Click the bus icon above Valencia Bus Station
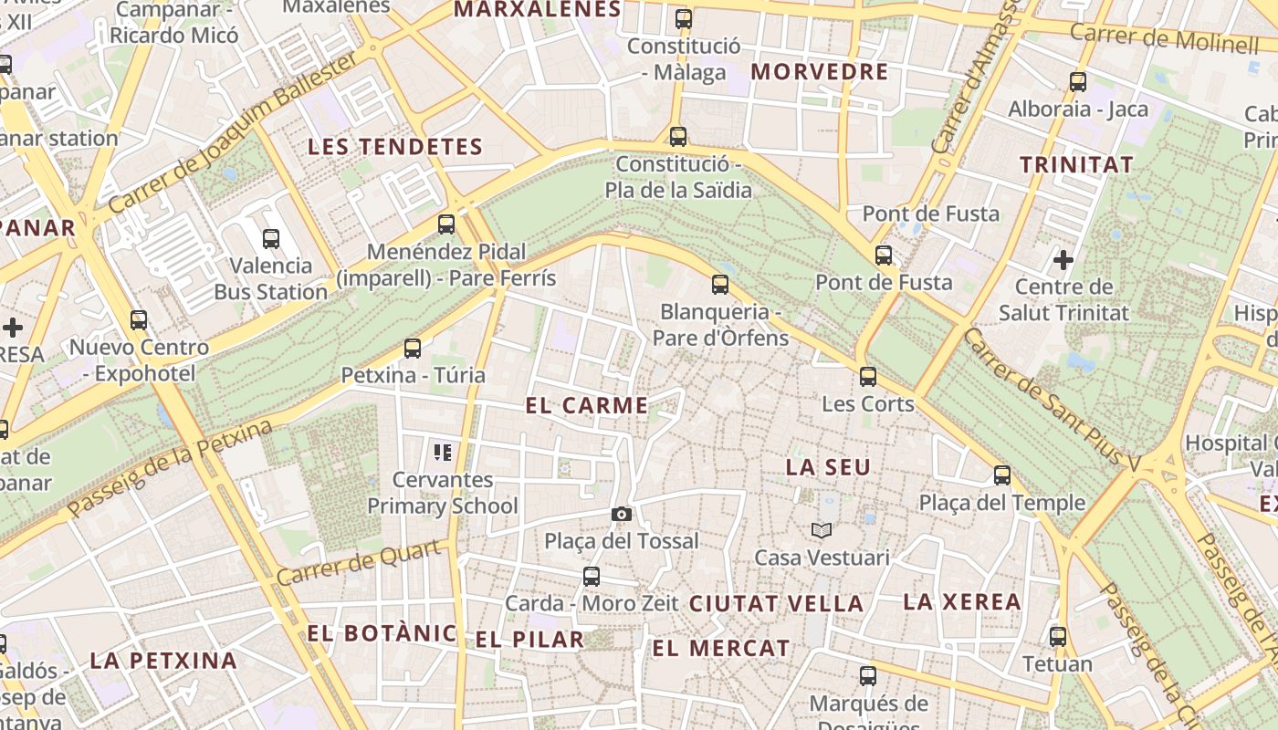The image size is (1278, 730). coord(271,239)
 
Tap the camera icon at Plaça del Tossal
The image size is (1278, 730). coord(622,515)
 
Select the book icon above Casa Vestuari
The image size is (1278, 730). coord(822,530)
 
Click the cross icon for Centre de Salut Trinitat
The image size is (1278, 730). coord(1063,260)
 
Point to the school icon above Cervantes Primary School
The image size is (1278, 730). coord(443,452)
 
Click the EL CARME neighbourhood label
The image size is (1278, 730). coord(587,406)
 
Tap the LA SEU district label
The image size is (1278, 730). coord(828,467)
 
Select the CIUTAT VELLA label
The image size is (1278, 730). coord(776,604)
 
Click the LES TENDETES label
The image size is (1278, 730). coord(394,147)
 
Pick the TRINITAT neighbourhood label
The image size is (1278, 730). coord(1076,165)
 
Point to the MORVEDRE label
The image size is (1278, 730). coord(819,72)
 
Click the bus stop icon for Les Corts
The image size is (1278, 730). coord(867,376)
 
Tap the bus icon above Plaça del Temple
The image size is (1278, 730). coord(1002,474)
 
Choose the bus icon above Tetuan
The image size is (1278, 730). coord(1058,636)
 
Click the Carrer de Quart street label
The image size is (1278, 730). coord(363,563)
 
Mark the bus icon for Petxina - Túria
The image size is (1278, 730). coord(413,348)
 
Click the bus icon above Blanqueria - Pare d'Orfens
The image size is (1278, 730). coord(720,284)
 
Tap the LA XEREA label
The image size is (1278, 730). coord(961,602)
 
